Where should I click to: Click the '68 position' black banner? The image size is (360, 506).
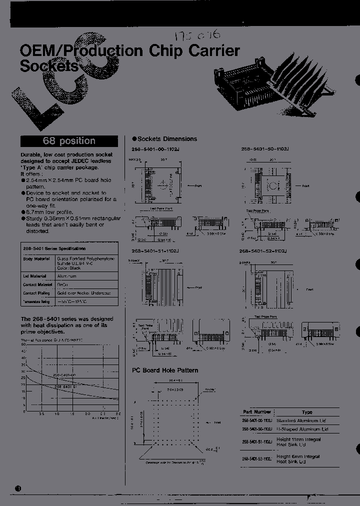coord(69,141)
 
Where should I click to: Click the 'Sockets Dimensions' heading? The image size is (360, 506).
coord(164,139)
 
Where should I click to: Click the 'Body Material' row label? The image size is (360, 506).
coord(34,259)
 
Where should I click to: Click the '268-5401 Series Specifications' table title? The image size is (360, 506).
coord(53,248)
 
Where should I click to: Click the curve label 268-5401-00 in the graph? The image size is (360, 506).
coord(64,374)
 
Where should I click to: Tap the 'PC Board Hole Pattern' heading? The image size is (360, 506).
coord(165,370)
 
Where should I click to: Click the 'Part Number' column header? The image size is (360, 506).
coord(256,412)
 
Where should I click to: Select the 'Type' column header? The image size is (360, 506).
coord(307,412)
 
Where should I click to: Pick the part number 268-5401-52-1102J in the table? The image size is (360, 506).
coord(256,459)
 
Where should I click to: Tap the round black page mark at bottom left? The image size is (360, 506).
coord(18,488)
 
